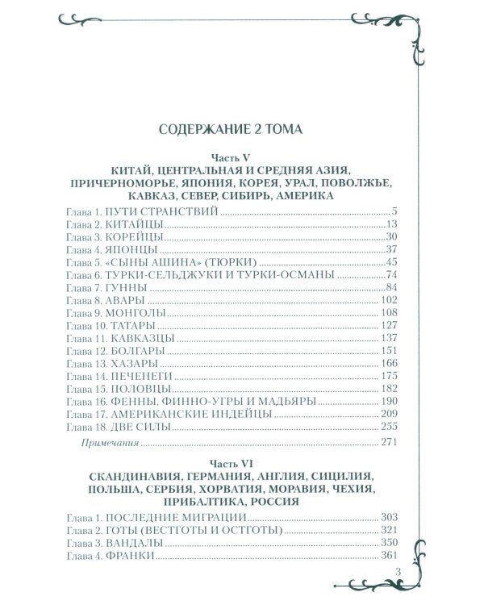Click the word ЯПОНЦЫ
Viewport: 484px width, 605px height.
[x=129, y=251]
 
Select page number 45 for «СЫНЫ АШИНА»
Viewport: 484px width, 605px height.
[x=393, y=265]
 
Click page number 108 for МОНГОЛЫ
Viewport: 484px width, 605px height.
[x=390, y=317]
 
